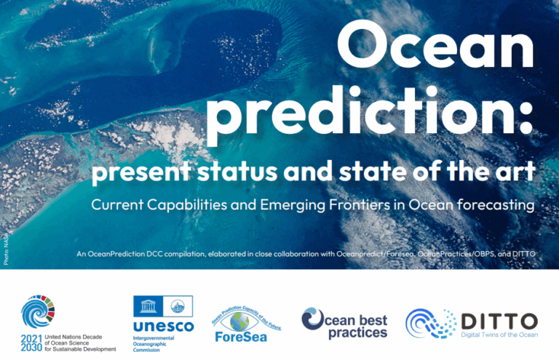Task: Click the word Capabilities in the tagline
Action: [183, 205]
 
